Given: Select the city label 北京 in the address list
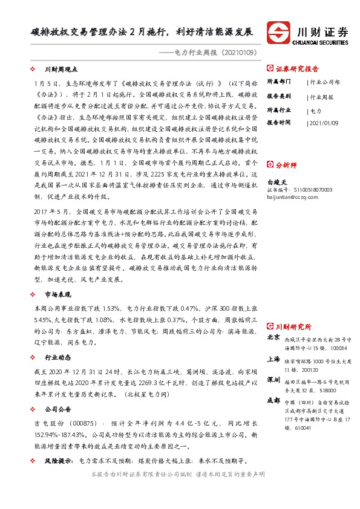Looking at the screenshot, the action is coord(273,337).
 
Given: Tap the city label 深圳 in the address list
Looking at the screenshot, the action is coord(273,380).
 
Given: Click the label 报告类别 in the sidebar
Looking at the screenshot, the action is coord(279,96).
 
